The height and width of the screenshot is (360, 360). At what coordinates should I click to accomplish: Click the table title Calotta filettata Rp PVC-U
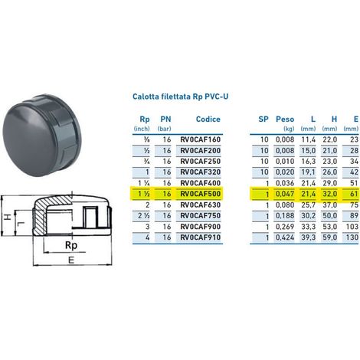tap(181, 97)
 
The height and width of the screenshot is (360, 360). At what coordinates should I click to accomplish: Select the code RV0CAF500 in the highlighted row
tap(201, 194)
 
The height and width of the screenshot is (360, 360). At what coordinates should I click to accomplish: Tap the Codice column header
tap(208, 119)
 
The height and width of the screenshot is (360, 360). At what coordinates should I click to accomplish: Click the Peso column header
tap(285, 119)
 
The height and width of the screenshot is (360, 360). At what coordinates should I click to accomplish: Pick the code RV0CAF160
tap(201, 139)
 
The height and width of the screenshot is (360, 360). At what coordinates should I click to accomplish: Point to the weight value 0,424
tap(285, 237)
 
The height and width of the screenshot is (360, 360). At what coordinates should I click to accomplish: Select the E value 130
tap(352, 237)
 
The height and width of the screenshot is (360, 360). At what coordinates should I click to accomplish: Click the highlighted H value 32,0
tap(329, 194)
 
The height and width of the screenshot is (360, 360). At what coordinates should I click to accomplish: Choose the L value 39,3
tap(308, 237)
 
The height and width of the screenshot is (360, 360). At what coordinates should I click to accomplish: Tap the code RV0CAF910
tap(201, 237)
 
